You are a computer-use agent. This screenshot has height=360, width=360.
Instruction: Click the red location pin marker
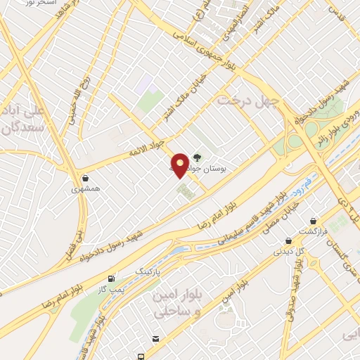tap(180, 165)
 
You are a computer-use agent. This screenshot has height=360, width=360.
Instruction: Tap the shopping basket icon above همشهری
tap(86, 179)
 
